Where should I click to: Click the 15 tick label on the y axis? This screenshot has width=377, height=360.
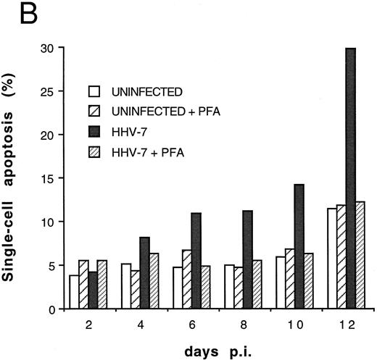point(47,178)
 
